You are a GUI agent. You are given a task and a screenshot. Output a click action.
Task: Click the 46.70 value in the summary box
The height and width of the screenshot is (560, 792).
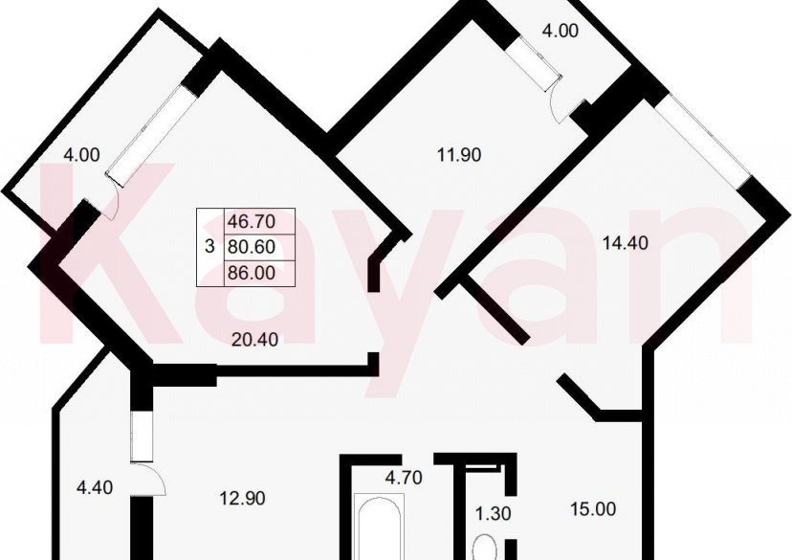(x=252, y=221)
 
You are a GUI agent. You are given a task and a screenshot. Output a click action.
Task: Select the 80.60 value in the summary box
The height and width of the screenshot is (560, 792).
(x=252, y=247)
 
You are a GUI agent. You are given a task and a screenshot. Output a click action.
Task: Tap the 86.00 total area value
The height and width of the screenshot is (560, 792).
(x=252, y=273)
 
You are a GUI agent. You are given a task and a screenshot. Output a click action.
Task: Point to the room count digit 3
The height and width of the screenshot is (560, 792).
(x=209, y=247)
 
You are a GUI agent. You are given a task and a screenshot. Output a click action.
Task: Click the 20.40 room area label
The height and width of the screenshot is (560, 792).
(x=254, y=340)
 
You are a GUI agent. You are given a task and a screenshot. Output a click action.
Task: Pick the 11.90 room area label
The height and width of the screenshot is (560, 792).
(x=458, y=155)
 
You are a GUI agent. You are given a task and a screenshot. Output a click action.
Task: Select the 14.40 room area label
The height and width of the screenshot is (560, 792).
(x=626, y=243)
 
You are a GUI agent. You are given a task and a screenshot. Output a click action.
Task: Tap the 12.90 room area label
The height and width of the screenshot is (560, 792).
(x=242, y=499)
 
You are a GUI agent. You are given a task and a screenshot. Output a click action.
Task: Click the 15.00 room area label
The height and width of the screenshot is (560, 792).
(x=593, y=509)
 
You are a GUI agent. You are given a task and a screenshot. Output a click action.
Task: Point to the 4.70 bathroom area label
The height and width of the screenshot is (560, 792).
(x=404, y=477)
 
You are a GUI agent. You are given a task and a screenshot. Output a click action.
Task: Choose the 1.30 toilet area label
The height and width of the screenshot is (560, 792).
(x=493, y=513)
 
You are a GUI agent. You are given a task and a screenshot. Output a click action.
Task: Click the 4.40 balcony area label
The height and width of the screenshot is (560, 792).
(x=95, y=487)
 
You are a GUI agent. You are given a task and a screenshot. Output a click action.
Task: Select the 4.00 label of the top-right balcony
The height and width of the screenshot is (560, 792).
(x=561, y=31)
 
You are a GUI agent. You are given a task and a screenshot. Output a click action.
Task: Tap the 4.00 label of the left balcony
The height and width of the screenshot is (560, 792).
(x=81, y=155)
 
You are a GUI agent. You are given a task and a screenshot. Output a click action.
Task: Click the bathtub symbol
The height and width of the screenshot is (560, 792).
(x=380, y=526)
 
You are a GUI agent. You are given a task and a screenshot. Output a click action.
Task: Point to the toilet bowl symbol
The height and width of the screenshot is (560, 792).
(x=485, y=547)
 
